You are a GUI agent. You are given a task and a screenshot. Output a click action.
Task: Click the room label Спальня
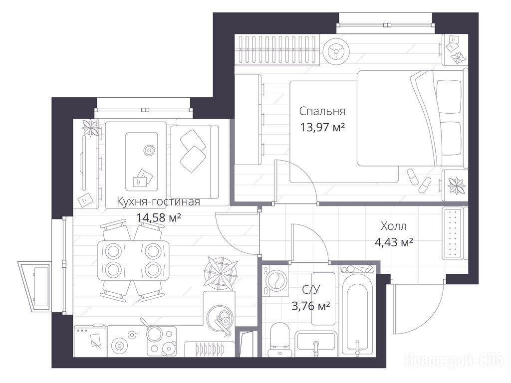pyautogui.click(x=322, y=112)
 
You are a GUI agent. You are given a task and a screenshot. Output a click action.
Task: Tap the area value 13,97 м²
pyautogui.click(x=322, y=127)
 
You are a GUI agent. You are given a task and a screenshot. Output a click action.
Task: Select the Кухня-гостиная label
pyautogui.click(x=158, y=201)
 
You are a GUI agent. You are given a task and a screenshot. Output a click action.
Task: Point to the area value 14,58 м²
pyautogui.click(x=158, y=217)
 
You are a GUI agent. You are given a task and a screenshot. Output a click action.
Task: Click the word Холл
pyautogui.click(x=394, y=226)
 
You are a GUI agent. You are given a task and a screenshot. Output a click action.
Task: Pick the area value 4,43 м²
pyautogui.click(x=394, y=242)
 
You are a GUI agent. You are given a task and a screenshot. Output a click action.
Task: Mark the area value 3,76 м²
pyautogui.click(x=311, y=306)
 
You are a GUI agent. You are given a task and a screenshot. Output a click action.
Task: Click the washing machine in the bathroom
pyautogui.click(x=275, y=281)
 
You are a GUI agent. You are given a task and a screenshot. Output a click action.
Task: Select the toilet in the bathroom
pyautogui.click(x=280, y=339)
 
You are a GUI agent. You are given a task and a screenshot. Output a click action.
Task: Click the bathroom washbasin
pyautogui.click(x=315, y=343)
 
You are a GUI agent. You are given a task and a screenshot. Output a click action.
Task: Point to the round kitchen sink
pyautogui.click(x=220, y=316)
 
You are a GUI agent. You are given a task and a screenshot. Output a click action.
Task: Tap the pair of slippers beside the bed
pyautogui.click(x=419, y=181)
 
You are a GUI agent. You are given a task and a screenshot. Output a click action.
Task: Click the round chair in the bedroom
pyautogui.click(x=336, y=50)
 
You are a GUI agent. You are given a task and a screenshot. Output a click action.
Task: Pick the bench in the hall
pyautogui.click(x=452, y=233)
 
